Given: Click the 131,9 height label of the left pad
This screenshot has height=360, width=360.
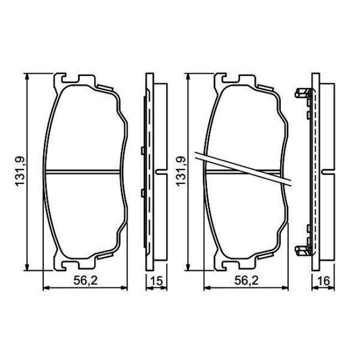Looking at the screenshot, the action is coord(20,171).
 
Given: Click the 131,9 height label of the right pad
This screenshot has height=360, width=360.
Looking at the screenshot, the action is coord(181,171).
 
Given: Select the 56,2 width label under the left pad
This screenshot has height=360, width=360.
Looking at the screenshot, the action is coord(85,281).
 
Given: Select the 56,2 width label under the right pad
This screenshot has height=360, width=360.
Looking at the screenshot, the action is coord(246,281).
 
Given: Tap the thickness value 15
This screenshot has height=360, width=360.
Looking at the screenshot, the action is coord(156,281).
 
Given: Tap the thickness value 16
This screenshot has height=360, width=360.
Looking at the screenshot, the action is coord(323,281).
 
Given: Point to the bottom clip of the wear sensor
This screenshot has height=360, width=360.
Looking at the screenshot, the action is coord(302,251).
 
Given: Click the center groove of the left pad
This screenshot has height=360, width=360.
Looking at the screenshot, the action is coord(83,172).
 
